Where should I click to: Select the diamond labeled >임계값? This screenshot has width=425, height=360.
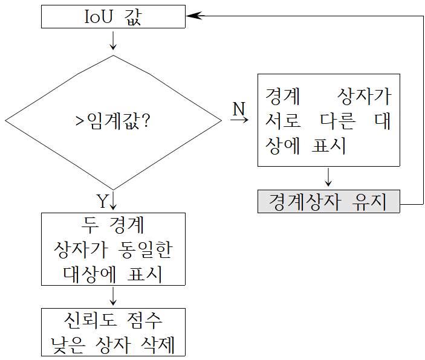[113, 121]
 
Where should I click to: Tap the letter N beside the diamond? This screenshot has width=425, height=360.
[239, 109]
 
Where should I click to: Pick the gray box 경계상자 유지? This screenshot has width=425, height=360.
[328, 201]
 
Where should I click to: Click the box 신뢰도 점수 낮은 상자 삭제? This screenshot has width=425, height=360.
[113, 332]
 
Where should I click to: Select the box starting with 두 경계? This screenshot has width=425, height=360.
[113, 249]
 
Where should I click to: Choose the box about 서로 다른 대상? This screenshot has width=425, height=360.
[328, 120]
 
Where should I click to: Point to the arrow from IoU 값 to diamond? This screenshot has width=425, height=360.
[113, 41]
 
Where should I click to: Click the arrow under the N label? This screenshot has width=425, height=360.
[239, 120]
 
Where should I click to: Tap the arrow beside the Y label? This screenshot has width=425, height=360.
[113, 201]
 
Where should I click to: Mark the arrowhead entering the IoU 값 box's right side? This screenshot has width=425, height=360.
[193, 17]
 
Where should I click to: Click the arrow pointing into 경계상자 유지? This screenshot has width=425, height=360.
[328, 178]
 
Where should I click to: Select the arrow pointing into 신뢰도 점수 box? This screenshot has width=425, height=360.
[113, 297]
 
